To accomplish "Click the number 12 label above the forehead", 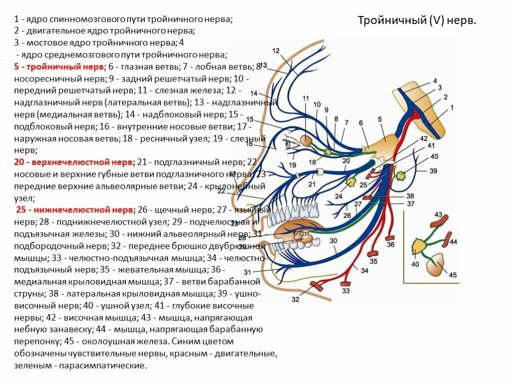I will pos(275,50).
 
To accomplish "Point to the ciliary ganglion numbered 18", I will pos(327,151).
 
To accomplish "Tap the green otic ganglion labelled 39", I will pos(400,175).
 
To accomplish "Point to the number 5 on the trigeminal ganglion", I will pos(380,119).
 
